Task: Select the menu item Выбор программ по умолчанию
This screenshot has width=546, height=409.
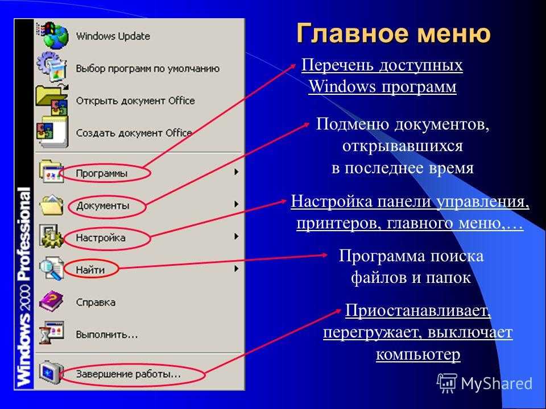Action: click(x=148, y=69)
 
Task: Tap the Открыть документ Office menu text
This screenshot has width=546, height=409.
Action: click(x=135, y=101)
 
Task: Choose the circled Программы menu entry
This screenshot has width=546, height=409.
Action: click(x=102, y=173)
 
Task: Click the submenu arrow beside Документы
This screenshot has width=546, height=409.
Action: click(x=237, y=204)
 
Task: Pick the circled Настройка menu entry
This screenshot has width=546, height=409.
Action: click(x=101, y=238)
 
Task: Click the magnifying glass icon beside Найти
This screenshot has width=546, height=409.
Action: click(x=51, y=268)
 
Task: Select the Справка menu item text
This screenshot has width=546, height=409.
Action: click(x=96, y=302)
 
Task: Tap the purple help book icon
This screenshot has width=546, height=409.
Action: click(x=51, y=301)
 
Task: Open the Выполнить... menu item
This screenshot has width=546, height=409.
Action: click(x=107, y=335)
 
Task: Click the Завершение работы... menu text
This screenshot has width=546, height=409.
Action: click(x=129, y=374)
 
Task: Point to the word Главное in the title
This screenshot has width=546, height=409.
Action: click(x=353, y=34)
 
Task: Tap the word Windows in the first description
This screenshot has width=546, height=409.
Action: click(x=342, y=86)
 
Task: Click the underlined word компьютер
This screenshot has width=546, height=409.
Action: click(x=418, y=354)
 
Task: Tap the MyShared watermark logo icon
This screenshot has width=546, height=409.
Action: click(x=447, y=383)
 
